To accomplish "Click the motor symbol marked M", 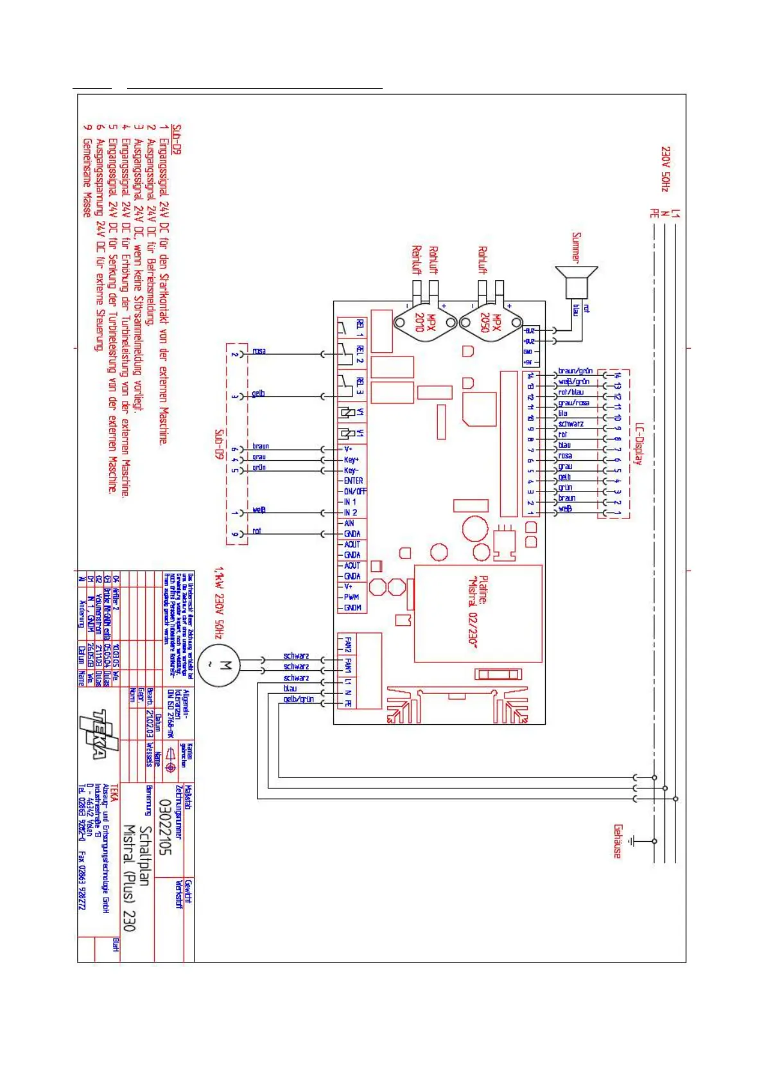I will [218, 666].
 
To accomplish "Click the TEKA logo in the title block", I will [100, 734].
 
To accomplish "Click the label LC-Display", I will [638, 443].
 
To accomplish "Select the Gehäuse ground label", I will [618, 841].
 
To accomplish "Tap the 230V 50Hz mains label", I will [665, 168].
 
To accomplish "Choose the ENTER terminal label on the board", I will [353, 481].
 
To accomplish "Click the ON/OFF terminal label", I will [355, 491].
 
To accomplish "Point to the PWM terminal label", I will [352, 597].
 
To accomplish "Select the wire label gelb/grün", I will [299, 699].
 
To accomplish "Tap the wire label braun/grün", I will [575, 371].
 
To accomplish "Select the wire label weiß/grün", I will [573, 382].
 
